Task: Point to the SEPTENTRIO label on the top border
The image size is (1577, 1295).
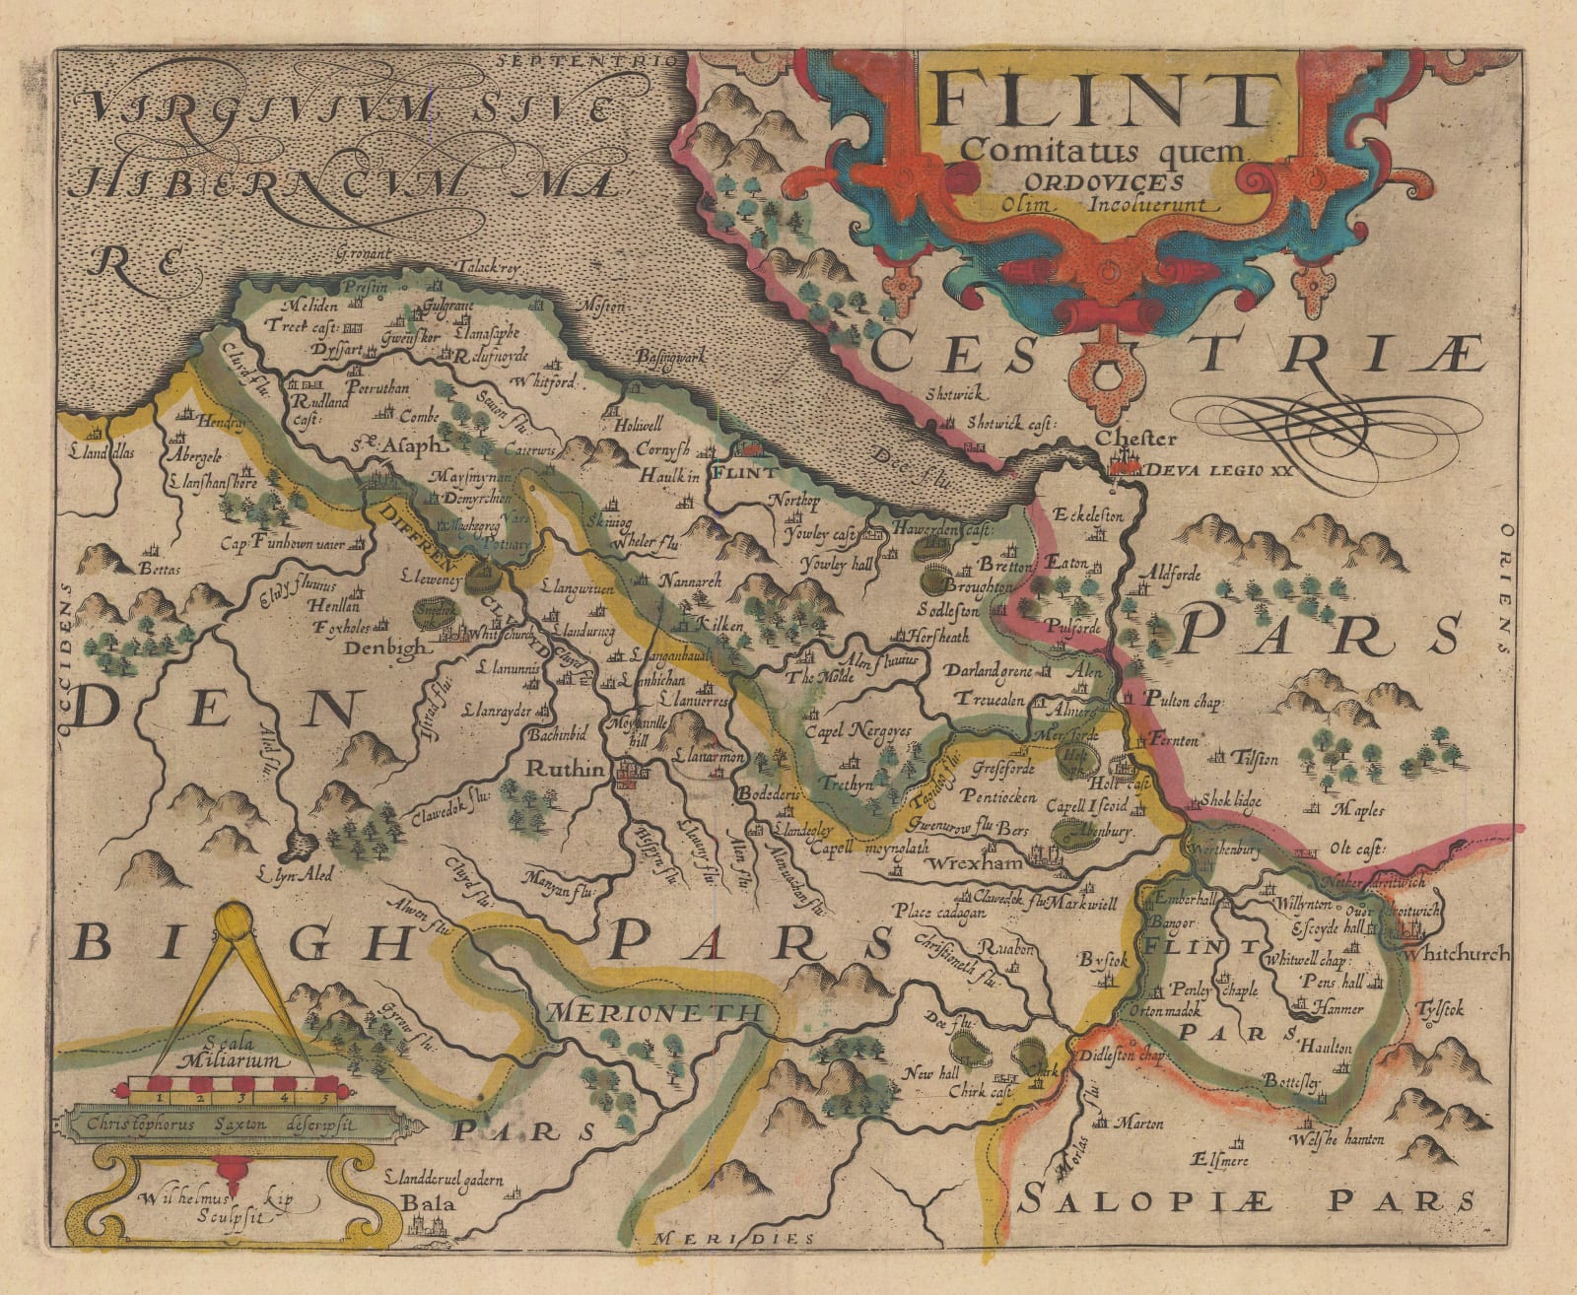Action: coord(590,60)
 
